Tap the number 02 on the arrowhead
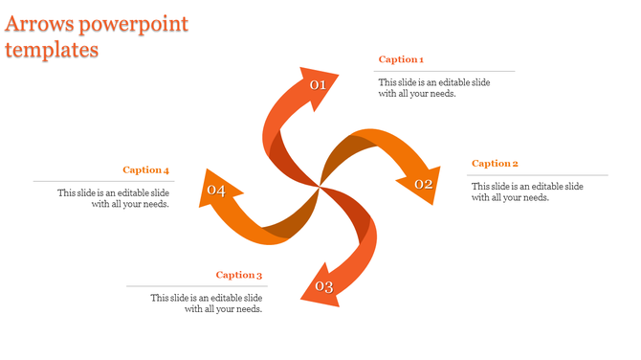point(423,184)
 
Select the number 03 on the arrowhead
point(323,287)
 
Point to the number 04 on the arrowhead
point(216,191)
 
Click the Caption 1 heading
point(401,60)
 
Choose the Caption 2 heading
point(495,164)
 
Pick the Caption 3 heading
point(238,276)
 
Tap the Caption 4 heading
point(145,170)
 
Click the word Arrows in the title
point(40,24)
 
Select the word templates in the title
point(52,50)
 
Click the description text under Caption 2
point(527,191)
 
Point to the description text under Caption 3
point(206,304)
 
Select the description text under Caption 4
point(113,198)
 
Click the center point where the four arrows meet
point(319,187)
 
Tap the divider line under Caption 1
point(444,72)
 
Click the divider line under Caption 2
point(538,175)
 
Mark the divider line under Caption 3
point(196,286)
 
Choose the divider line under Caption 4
point(103,181)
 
